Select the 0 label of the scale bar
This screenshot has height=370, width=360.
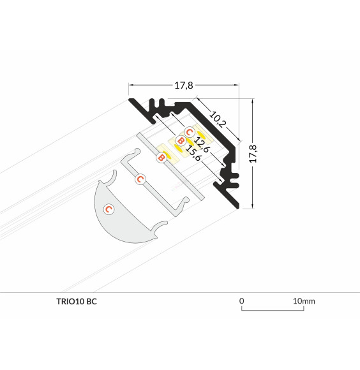tap(242, 300)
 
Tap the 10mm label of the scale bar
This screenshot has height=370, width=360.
tap(304, 300)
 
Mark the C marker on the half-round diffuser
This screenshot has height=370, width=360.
tap(109, 209)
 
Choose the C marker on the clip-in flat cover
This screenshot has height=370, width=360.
tap(140, 179)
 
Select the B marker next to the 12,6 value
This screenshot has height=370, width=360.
tap(180, 140)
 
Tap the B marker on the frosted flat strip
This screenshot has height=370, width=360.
tap(161, 156)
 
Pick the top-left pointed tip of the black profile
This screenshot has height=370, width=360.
tap(129, 100)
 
